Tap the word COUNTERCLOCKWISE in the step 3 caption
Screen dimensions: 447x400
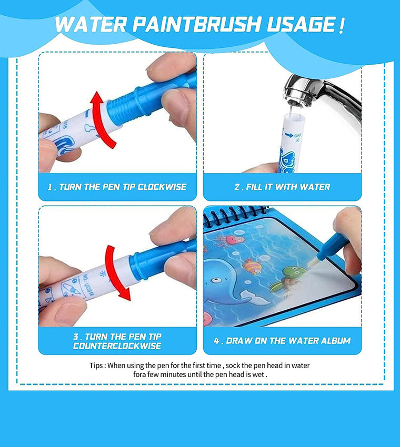click(x=117, y=346)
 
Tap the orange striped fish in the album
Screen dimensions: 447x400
click(x=252, y=266)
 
